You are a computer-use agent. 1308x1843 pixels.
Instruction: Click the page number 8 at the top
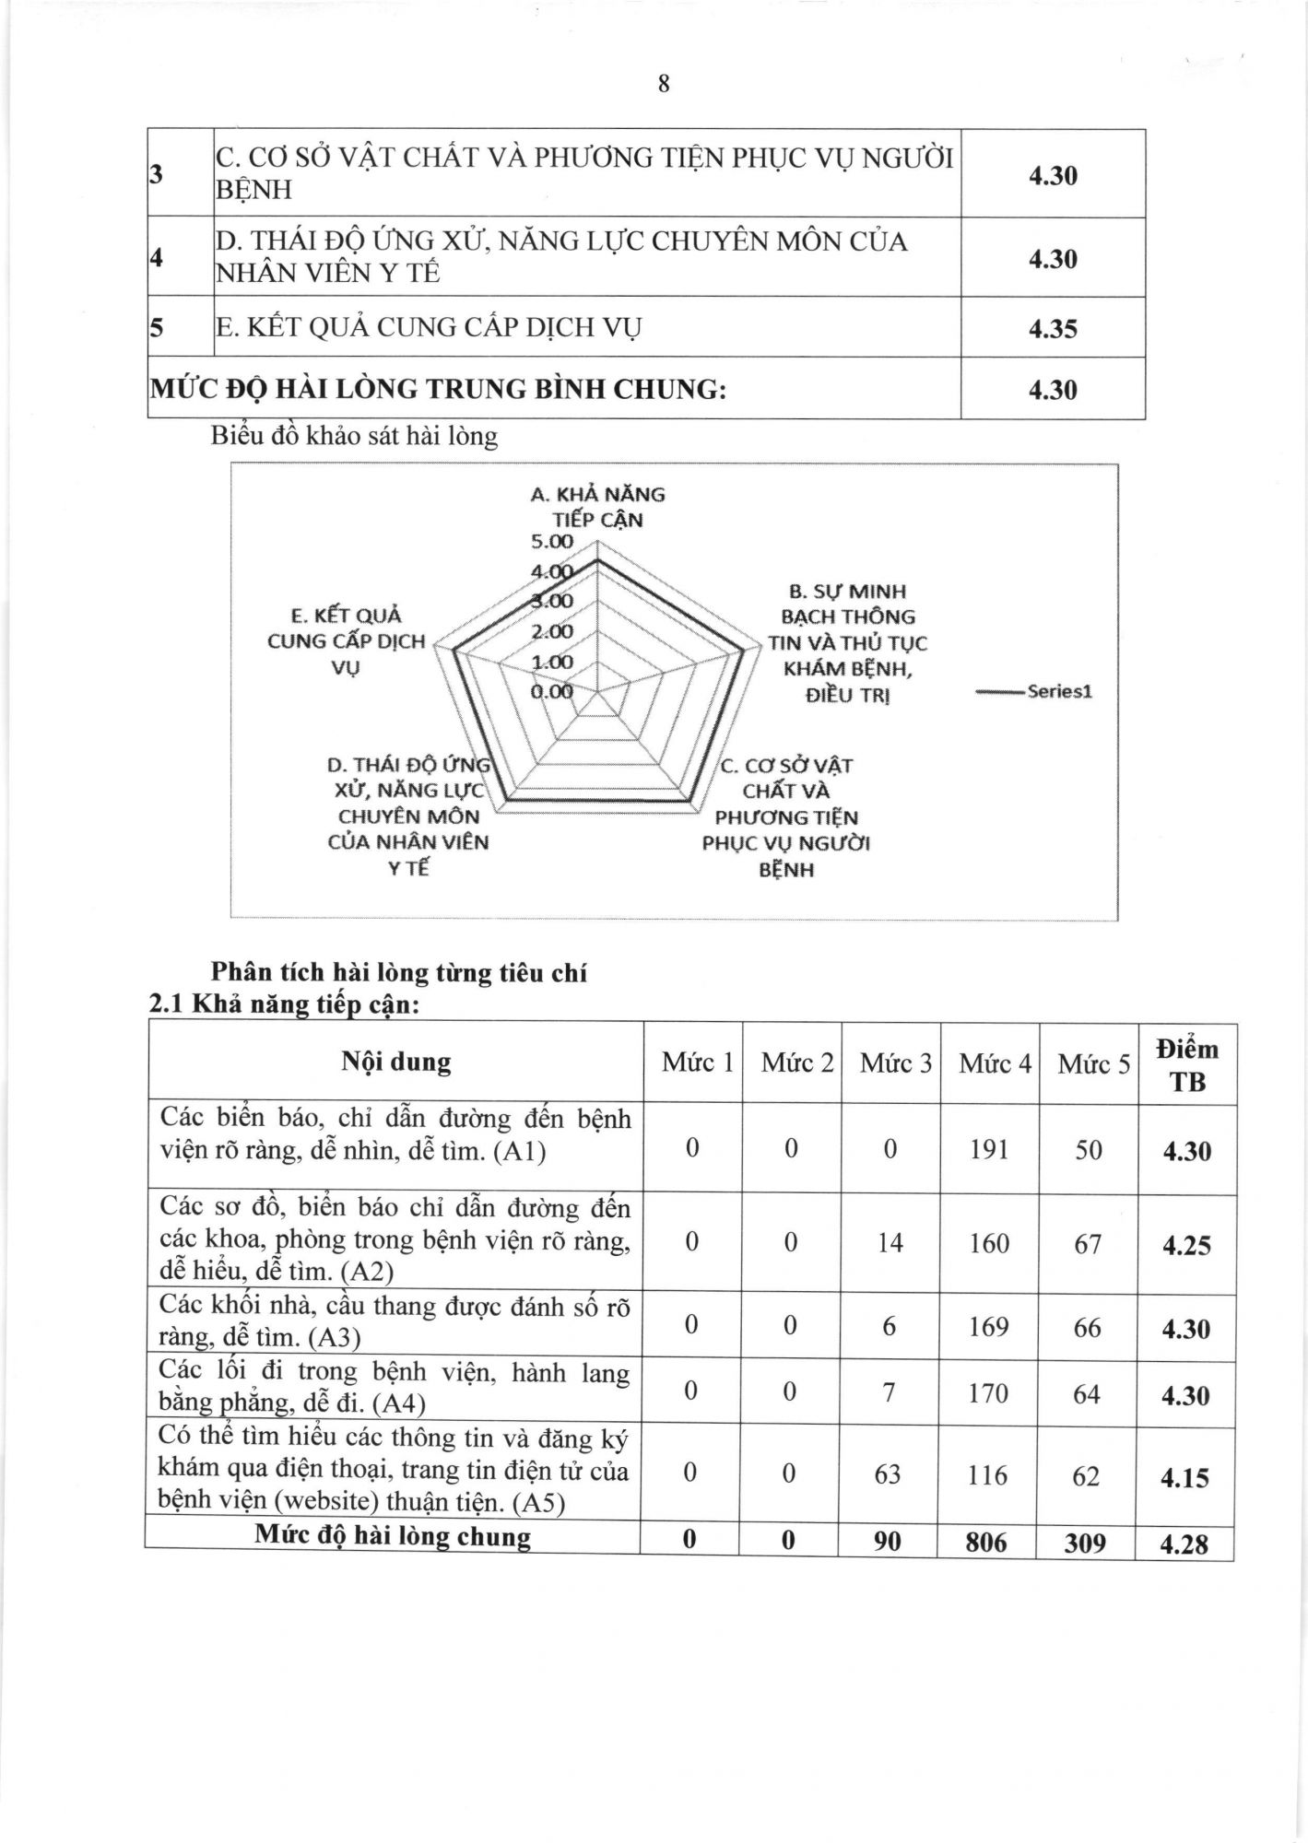[x=664, y=85]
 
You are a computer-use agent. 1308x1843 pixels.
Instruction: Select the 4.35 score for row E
[x=1053, y=329]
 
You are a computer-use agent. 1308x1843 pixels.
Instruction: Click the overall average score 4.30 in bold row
[x=1053, y=390]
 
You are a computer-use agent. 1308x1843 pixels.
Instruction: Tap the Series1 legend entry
[x=1059, y=691]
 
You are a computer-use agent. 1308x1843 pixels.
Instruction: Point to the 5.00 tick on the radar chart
[x=551, y=542]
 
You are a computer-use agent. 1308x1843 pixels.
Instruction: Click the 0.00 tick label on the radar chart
[x=551, y=691]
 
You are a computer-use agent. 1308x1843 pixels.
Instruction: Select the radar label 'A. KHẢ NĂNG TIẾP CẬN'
[x=597, y=507]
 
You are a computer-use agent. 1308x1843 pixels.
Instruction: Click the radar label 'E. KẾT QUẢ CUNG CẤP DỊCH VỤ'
[x=346, y=640]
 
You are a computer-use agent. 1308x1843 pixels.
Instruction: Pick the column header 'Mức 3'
[x=896, y=1063]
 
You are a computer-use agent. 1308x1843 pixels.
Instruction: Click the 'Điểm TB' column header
[x=1187, y=1065]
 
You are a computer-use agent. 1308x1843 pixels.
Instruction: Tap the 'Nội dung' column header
[x=396, y=1062]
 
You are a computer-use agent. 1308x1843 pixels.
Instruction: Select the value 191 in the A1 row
[x=989, y=1149]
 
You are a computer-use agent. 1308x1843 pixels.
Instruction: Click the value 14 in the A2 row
[x=890, y=1243]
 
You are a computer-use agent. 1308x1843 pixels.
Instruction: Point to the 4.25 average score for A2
[x=1186, y=1246]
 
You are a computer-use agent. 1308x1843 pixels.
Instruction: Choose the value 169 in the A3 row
[x=989, y=1327]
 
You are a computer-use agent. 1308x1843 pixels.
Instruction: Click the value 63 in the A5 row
[x=888, y=1474]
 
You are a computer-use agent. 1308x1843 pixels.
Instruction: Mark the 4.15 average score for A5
[x=1185, y=1478]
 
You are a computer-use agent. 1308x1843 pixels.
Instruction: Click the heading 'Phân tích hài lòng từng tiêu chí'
[x=399, y=973]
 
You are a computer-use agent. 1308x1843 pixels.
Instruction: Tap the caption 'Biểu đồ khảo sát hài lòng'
[x=354, y=436]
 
